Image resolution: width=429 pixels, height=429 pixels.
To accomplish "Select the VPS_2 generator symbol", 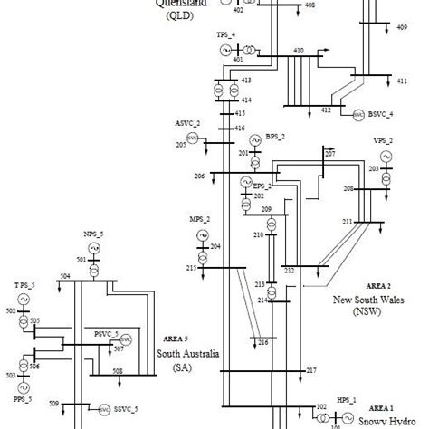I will coord(387,157).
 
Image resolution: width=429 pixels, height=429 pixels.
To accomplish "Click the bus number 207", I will coord(330,155).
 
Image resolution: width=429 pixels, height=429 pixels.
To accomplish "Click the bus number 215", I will coord(191,268).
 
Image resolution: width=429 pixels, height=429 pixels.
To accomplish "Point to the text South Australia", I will coord(188,354).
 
